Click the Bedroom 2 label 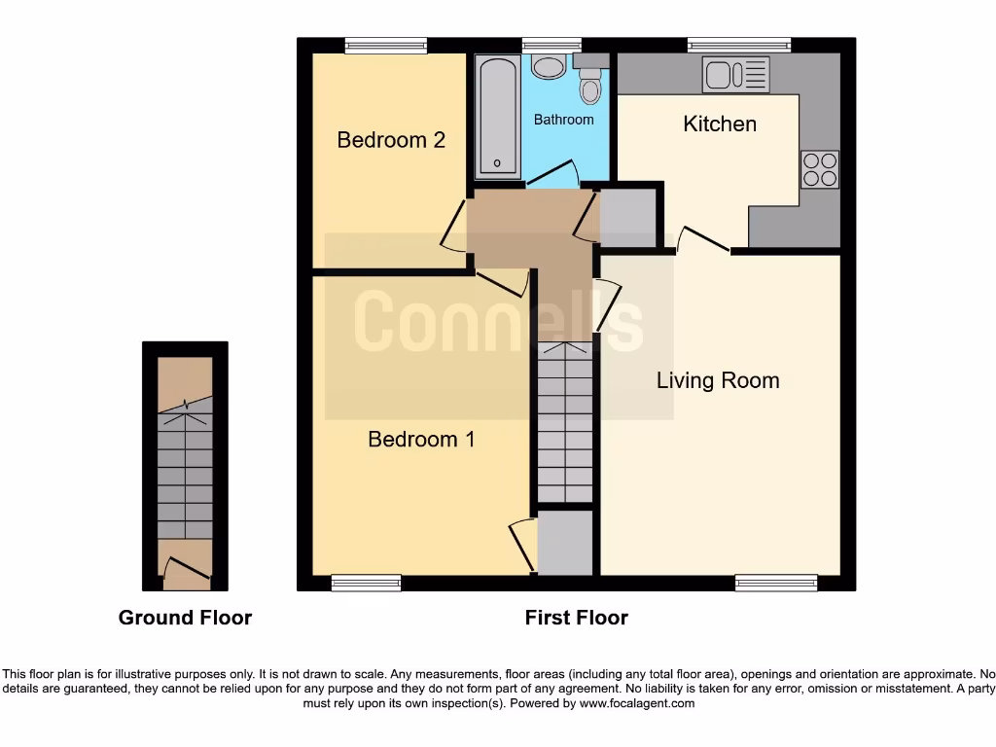[x=391, y=140]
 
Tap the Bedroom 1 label [x=421, y=440]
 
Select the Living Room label [x=718, y=380]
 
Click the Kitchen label [x=720, y=124]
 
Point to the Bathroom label [x=563, y=120]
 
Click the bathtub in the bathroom [x=497, y=117]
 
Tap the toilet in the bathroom [x=589, y=85]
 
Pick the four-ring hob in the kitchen [x=820, y=169]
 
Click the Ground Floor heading [x=185, y=618]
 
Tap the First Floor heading [x=576, y=618]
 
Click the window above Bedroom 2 [x=386, y=45]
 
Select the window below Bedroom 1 [x=366, y=583]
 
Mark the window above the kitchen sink [x=738, y=45]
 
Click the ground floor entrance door [x=185, y=571]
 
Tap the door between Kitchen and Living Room [x=704, y=242]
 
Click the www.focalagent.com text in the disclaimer [x=636, y=703]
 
